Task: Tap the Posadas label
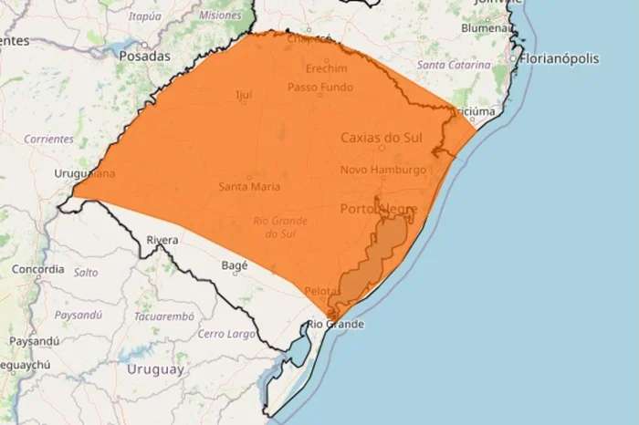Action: click(x=144, y=56)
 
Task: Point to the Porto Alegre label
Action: click(x=379, y=210)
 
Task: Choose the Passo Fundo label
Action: click(x=317, y=88)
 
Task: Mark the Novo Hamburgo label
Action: click(x=383, y=170)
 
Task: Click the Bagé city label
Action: click(x=235, y=264)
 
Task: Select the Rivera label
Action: click(x=162, y=240)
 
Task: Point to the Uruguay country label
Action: click(x=155, y=369)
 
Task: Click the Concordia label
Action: click(x=38, y=269)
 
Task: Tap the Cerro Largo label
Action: click(x=225, y=334)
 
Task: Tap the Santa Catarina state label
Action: click(x=454, y=66)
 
